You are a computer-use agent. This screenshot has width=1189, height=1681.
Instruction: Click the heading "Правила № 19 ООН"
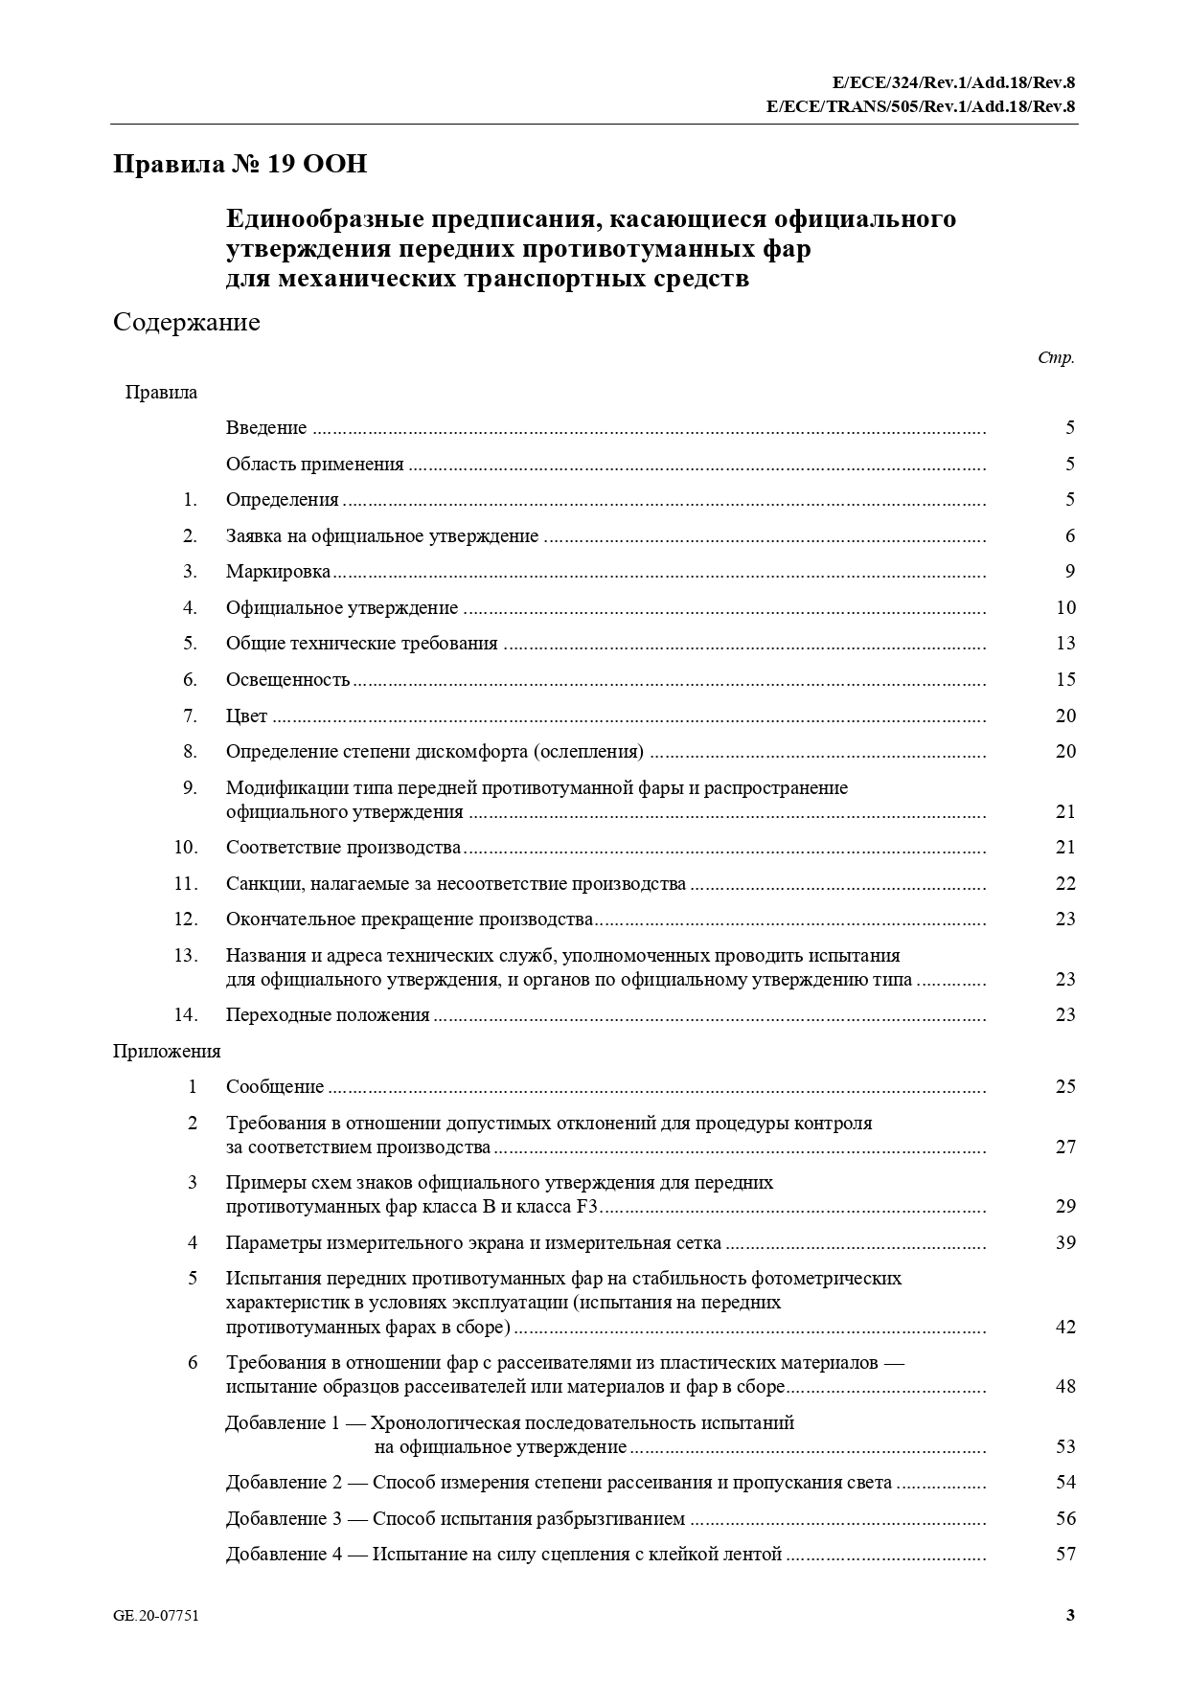pyautogui.click(x=240, y=165)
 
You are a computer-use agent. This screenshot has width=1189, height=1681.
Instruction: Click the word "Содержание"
pyautogui.click(x=186, y=322)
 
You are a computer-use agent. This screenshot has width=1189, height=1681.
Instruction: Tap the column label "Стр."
pyautogui.click(x=1056, y=358)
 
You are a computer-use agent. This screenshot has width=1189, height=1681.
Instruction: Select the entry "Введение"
pyautogui.click(x=266, y=428)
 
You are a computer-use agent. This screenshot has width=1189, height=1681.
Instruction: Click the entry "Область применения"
pyautogui.click(x=314, y=465)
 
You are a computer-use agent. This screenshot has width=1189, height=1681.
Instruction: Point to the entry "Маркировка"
pyautogui.click(x=278, y=572)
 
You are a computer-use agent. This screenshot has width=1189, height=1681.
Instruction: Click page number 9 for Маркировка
pyautogui.click(x=1070, y=572)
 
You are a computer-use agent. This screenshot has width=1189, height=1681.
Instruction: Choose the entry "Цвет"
pyautogui.click(x=246, y=716)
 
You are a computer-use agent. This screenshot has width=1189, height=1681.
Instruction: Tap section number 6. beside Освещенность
pyautogui.click(x=190, y=680)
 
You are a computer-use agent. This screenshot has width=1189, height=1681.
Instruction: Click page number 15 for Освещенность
pyautogui.click(x=1065, y=680)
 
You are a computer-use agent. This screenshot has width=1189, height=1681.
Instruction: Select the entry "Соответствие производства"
pyautogui.click(x=343, y=848)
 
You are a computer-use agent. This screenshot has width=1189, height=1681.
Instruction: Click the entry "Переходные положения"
pyautogui.click(x=328, y=1015)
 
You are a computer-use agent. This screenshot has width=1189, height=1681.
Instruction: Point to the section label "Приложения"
pyautogui.click(x=167, y=1052)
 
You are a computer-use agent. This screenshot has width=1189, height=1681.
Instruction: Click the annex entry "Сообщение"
pyautogui.click(x=275, y=1087)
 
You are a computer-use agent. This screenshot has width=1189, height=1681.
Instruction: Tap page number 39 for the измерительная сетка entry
pyautogui.click(x=1065, y=1243)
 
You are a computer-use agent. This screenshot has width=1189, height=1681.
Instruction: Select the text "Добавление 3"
pyautogui.click(x=284, y=1519)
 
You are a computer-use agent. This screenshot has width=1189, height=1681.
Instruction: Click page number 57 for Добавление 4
pyautogui.click(x=1065, y=1555)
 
